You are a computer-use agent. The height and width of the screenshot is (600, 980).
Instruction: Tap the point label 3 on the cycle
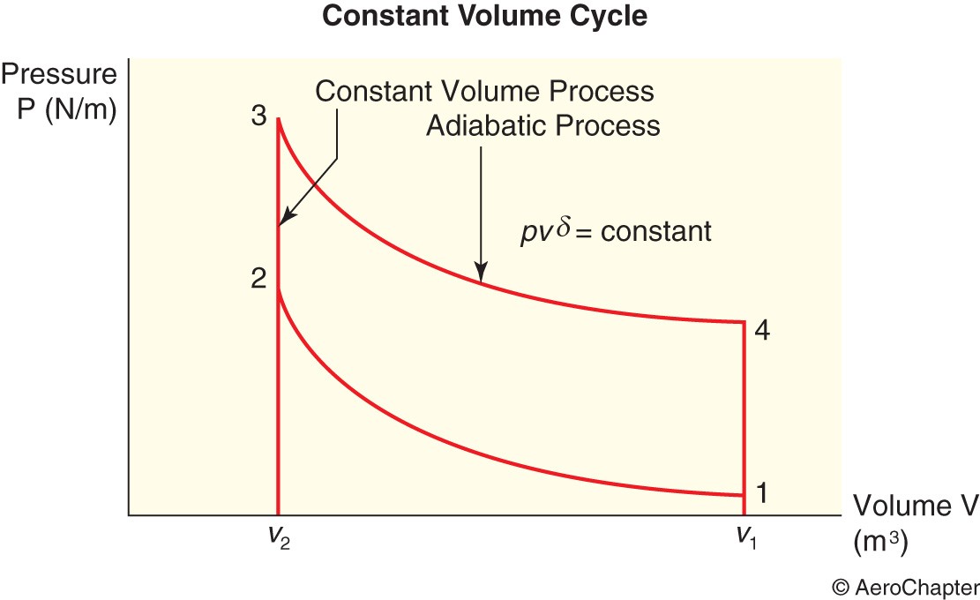[x=259, y=117]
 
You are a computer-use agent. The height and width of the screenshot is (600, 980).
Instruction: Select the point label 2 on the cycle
[x=258, y=279]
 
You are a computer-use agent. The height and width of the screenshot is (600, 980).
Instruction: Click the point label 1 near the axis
[x=761, y=491]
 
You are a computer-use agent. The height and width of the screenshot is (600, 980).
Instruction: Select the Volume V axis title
[x=915, y=506]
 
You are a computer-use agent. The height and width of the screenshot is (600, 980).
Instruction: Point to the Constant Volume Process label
[x=484, y=91]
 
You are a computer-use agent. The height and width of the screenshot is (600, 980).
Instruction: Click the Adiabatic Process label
[x=542, y=125]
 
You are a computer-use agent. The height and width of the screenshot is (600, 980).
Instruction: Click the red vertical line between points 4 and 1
[x=744, y=415]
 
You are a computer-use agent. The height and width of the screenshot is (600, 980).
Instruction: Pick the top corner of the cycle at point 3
[x=279, y=119]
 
